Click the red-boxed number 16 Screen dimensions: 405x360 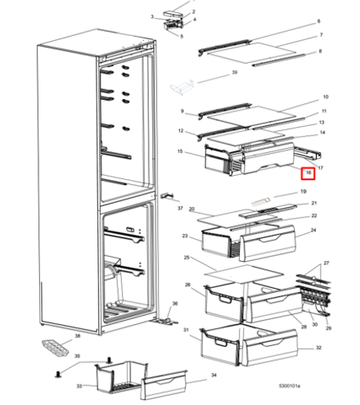[x=308, y=173]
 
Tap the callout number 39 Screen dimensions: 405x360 [x=234, y=74]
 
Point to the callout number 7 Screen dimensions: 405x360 [x=321, y=35]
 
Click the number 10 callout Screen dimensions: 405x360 [x=325, y=97]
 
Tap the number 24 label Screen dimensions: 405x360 [x=312, y=232]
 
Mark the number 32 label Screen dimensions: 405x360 [x=318, y=347]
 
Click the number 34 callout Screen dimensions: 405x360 [x=214, y=376]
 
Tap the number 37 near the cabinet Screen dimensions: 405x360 [x=179, y=208]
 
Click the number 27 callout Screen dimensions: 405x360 [x=325, y=263]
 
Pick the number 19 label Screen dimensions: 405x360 [x=302, y=192]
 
